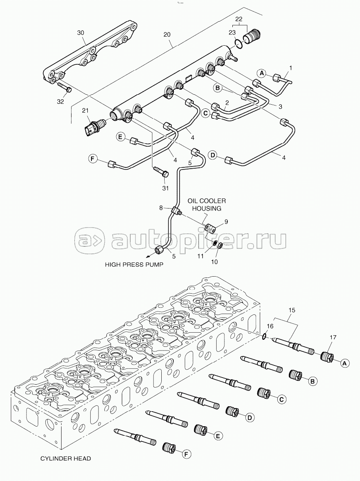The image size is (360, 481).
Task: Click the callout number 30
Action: click(80, 33)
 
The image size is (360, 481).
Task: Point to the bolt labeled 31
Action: click(161, 171)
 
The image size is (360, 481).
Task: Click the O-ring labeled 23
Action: click(238, 42)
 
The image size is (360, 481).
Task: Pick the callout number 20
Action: click(167, 34)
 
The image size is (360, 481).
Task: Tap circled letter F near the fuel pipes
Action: click(93, 159)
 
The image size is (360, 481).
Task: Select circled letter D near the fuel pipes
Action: click(212, 155)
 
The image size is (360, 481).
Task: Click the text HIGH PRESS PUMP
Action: click(134, 265)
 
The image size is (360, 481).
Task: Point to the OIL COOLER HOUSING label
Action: click(207, 205)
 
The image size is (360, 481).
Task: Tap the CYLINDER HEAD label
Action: click(66, 459)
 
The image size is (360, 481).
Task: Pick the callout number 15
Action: click(291, 310)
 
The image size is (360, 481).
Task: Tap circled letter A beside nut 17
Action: click(344, 363)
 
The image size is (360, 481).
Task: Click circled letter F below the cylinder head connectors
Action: click(186, 454)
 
